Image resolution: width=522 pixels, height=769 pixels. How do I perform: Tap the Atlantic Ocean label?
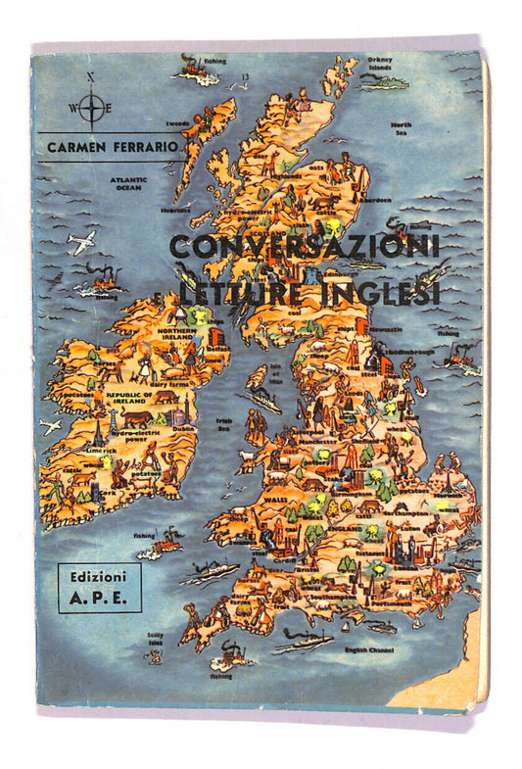click(127, 183)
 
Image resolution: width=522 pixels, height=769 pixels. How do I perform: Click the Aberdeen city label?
click(376, 200)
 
